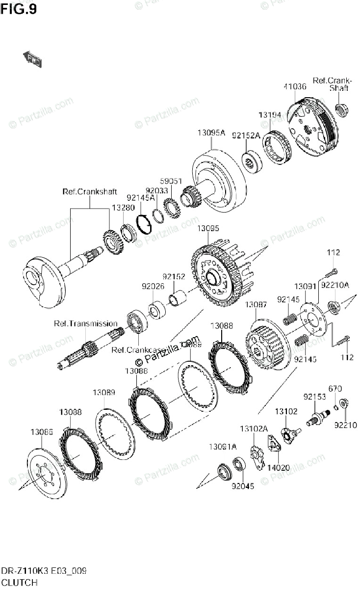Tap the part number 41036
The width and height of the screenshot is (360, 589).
click(x=295, y=86)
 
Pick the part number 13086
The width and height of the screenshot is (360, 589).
click(x=42, y=432)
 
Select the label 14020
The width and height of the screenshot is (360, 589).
click(x=277, y=468)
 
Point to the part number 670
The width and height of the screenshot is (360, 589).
click(x=334, y=388)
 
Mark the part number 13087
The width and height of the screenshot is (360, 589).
click(x=256, y=305)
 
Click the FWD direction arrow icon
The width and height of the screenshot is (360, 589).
click(x=32, y=59)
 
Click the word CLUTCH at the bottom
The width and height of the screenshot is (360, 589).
click(x=19, y=583)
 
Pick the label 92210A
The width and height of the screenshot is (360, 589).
click(x=334, y=285)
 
